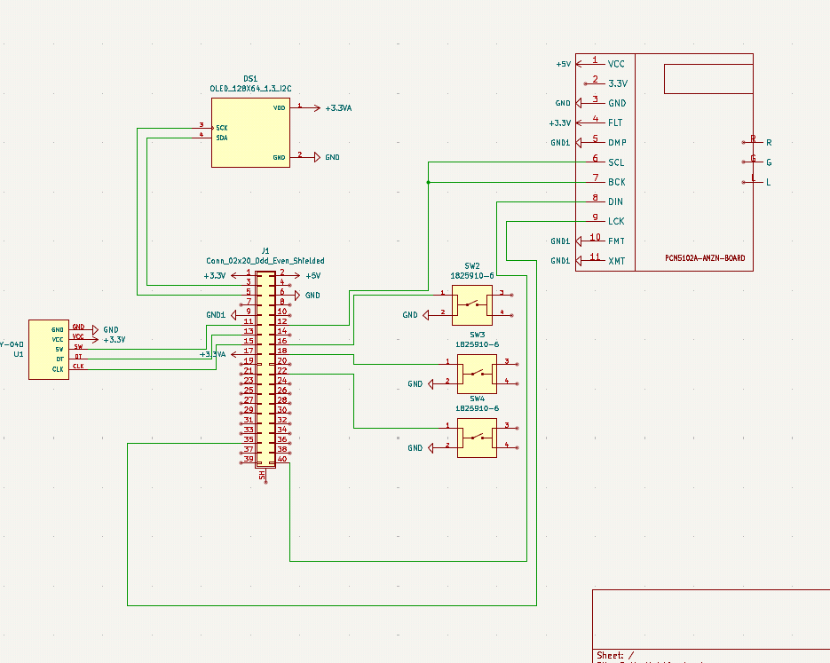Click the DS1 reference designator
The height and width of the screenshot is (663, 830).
click(250, 79)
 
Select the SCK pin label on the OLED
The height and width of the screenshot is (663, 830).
click(222, 128)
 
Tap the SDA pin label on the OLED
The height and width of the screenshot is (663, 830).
click(222, 138)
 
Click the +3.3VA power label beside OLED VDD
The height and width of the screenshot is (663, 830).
click(338, 107)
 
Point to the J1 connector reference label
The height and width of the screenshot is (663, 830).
click(265, 251)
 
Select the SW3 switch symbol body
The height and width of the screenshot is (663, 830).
click(477, 374)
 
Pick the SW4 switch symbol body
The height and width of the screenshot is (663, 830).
click(477, 438)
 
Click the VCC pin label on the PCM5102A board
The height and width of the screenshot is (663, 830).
click(616, 64)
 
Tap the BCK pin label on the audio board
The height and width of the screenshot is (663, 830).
click(616, 182)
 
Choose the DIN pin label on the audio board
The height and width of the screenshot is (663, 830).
click(615, 202)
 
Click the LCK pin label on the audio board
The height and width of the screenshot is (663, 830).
click(616, 221)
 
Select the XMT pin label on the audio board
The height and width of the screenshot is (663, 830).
click(616, 261)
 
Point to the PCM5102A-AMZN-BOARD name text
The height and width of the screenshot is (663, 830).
click(705, 259)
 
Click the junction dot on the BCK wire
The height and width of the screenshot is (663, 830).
click(428, 182)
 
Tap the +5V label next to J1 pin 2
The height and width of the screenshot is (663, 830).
click(312, 276)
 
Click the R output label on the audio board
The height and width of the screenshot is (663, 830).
click(769, 142)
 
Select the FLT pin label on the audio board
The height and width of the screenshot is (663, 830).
click(615, 122)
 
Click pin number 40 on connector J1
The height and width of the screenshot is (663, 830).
click(281, 460)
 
